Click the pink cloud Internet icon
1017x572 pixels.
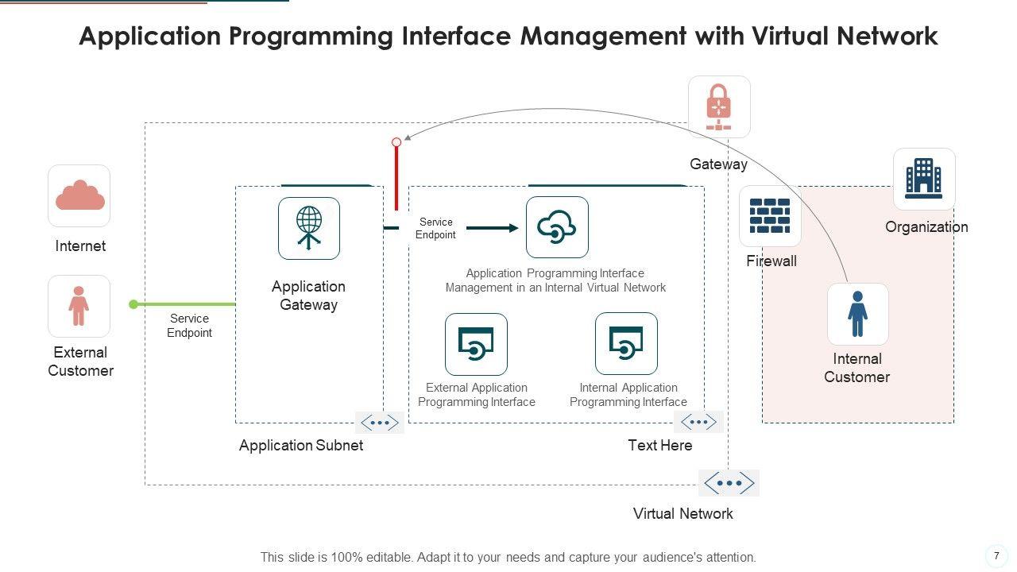point(79,195)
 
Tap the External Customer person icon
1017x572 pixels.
point(79,306)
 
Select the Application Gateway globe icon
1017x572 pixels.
point(309,228)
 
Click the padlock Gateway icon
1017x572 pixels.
point(719,106)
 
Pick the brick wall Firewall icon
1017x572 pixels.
point(770,216)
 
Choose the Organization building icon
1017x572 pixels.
point(924,179)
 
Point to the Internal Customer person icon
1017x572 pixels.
point(857,314)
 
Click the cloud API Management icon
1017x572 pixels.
point(557,227)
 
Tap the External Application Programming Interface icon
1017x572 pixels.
point(476,344)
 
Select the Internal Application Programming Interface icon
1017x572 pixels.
point(626,343)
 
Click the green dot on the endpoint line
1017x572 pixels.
point(133,304)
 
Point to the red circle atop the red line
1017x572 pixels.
point(396,142)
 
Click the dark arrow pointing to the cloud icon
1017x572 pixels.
point(493,228)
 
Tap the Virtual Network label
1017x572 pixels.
point(683,513)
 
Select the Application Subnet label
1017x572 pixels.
point(300,446)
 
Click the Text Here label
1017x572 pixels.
point(659,446)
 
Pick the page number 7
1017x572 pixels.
point(996,556)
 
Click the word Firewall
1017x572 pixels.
point(771,261)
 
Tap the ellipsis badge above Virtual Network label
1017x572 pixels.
point(729,482)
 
